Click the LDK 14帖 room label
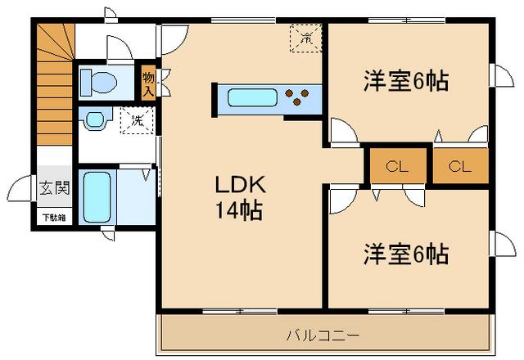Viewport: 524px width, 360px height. [237, 196]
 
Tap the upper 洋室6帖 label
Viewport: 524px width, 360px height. [406, 82]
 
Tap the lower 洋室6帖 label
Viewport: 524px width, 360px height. [406, 254]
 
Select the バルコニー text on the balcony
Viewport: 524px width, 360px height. [323, 335]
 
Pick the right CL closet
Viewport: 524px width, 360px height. [460, 168]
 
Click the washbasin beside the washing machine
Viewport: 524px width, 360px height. [95, 121]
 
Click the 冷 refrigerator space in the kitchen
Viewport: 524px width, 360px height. [305, 38]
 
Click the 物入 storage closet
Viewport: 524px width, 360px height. [148, 84]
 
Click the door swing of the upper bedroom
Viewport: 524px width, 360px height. [344, 133]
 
